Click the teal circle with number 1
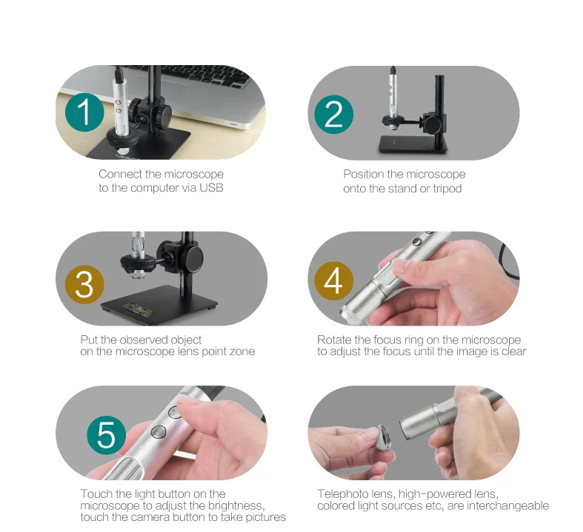[x=84, y=112]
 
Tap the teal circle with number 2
[x=333, y=115]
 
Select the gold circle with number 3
[x=84, y=284]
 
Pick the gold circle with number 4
[x=333, y=281]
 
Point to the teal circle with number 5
[x=107, y=435]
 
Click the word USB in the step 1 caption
[x=211, y=188]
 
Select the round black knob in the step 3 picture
[x=193, y=255]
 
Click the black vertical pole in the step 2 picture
[x=440, y=112]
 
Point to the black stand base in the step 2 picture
[x=413, y=144]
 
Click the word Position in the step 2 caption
[x=363, y=174]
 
